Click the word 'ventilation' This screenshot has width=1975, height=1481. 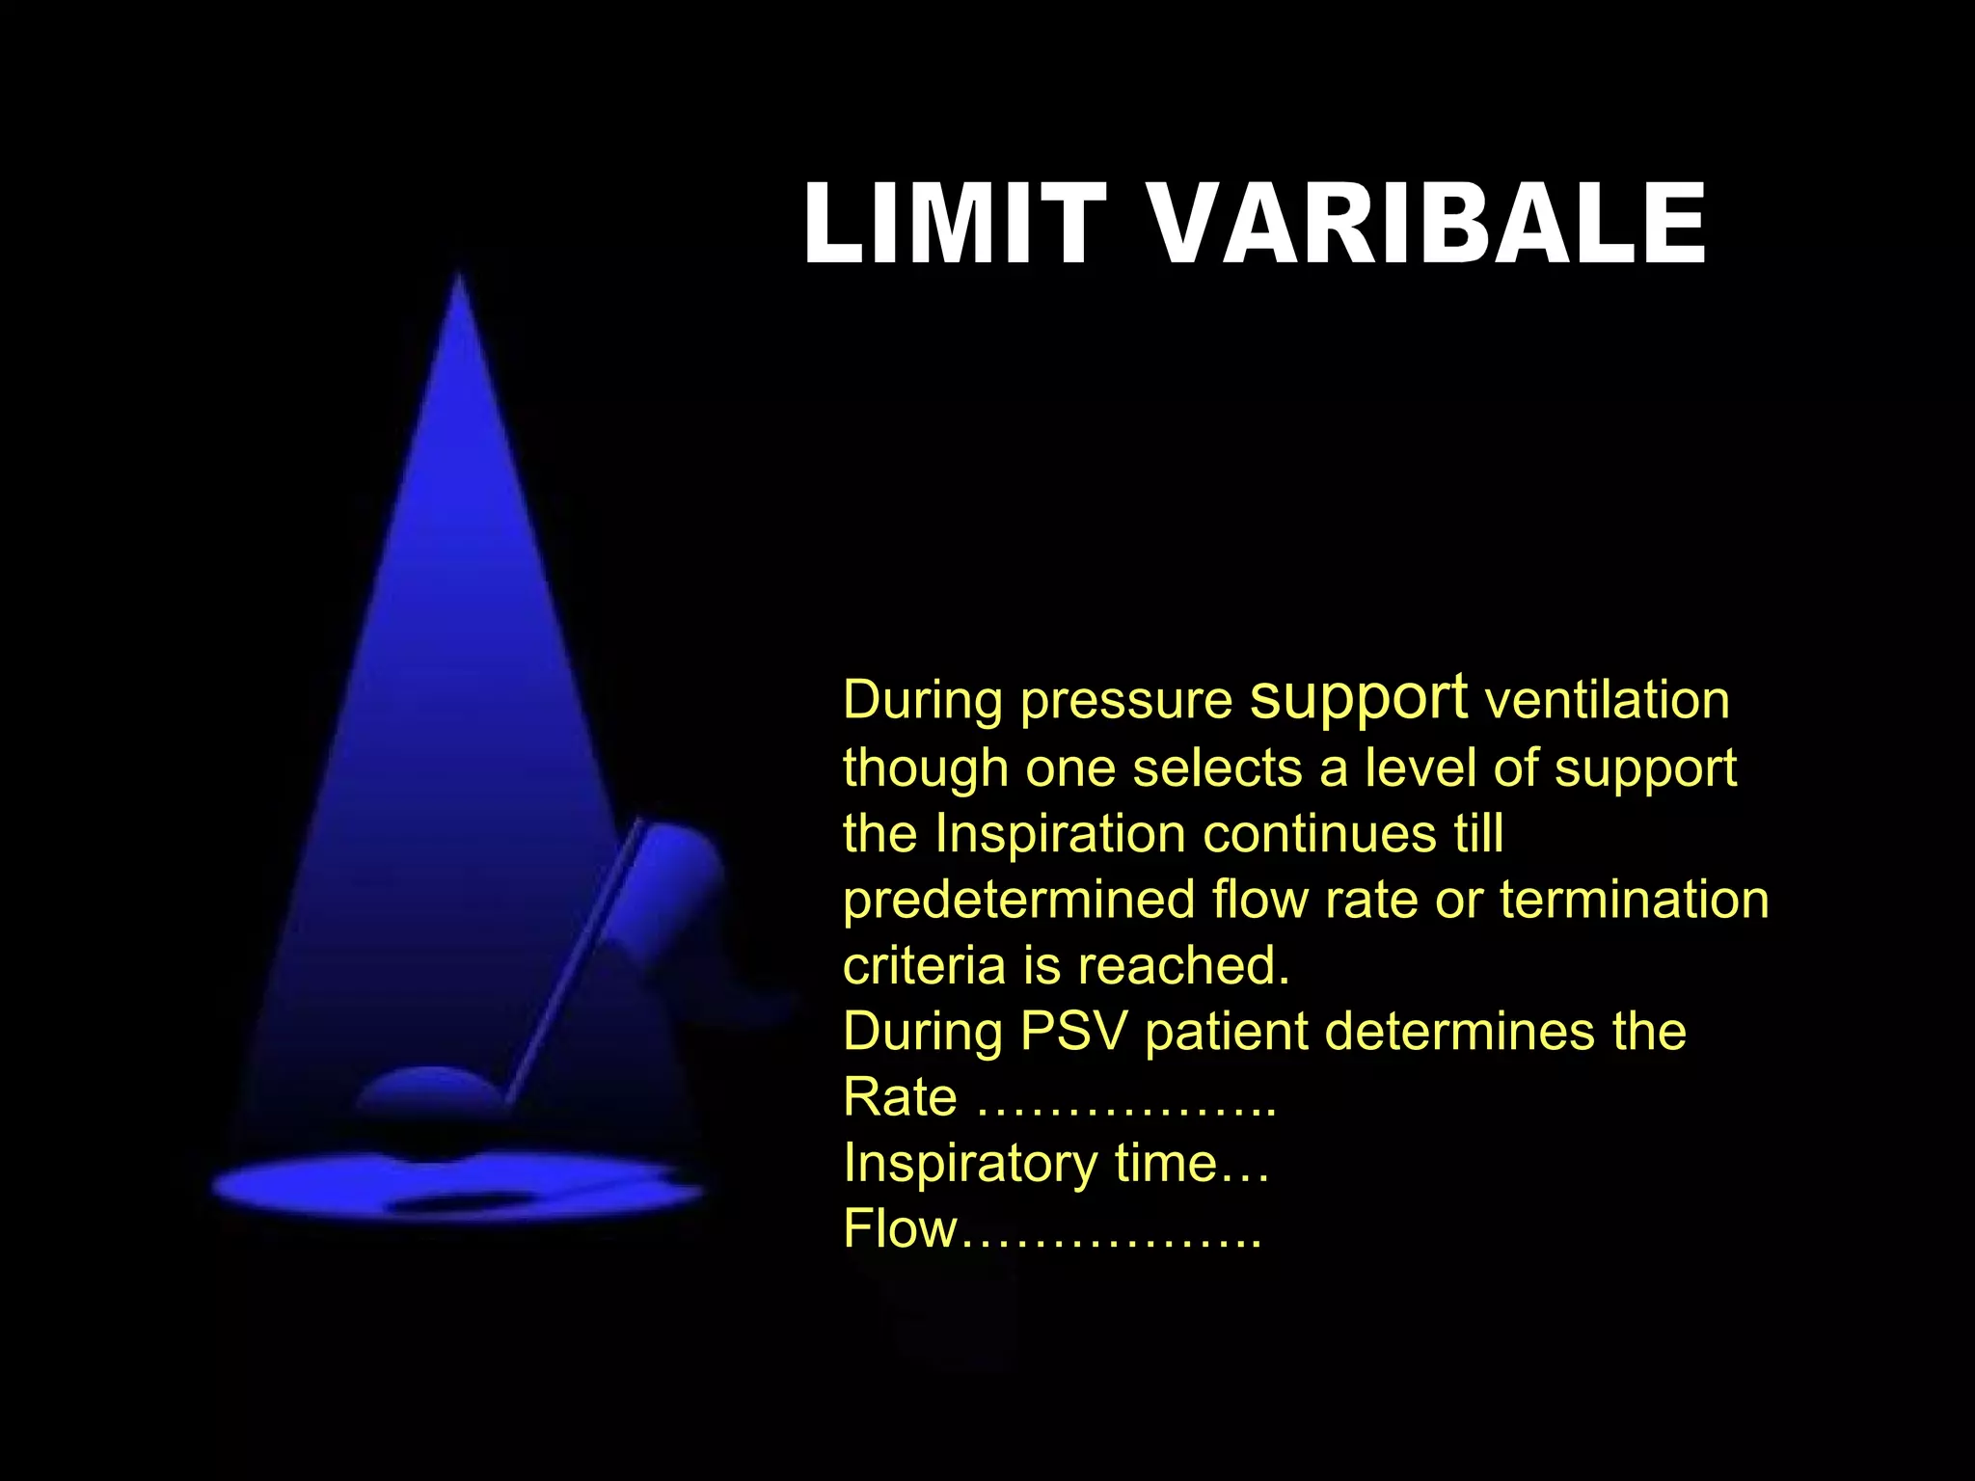tap(1608, 700)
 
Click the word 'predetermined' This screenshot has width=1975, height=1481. tap(1019, 900)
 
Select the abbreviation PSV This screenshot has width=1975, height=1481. tap(1073, 1031)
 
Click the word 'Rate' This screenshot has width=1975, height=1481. tap(900, 1097)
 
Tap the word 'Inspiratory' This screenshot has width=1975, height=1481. tap(970, 1164)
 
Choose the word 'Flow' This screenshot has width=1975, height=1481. tap(900, 1229)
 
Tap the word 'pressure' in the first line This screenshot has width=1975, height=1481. tap(1126, 701)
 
